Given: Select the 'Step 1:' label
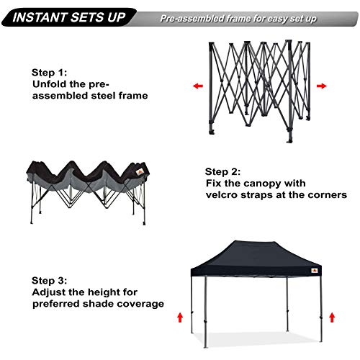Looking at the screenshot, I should (x=50, y=72).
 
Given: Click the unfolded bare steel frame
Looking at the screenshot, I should (x=259, y=86).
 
